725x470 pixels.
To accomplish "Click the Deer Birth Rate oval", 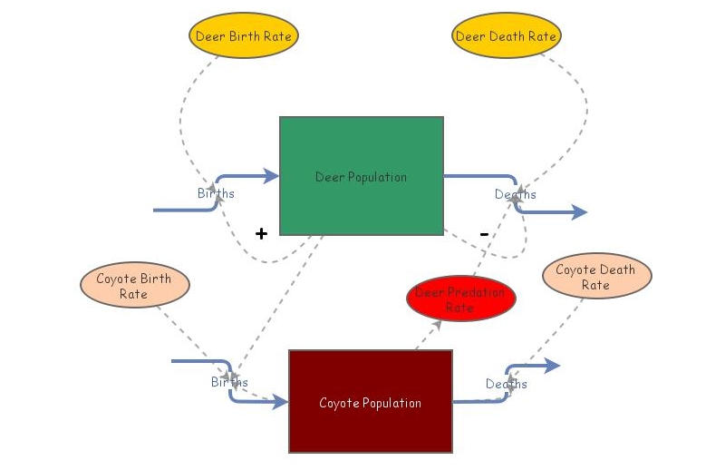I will (244, 37).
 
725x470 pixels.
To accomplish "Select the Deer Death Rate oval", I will (506, 37).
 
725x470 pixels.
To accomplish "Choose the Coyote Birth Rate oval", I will (134, 286).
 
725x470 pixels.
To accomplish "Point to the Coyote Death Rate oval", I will (595, 277).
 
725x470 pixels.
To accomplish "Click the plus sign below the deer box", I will (261, 234).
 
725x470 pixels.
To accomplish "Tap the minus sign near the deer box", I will (484, 234).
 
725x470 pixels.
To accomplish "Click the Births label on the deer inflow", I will (216, 193).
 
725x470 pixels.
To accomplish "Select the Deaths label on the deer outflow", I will (515, 194).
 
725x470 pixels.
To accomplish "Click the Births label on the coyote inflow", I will (229, 382).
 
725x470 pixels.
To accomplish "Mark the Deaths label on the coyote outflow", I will (506, 384).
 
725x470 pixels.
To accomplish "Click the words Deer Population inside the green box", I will (361, 177).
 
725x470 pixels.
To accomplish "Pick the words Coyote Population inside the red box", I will (370, 403).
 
